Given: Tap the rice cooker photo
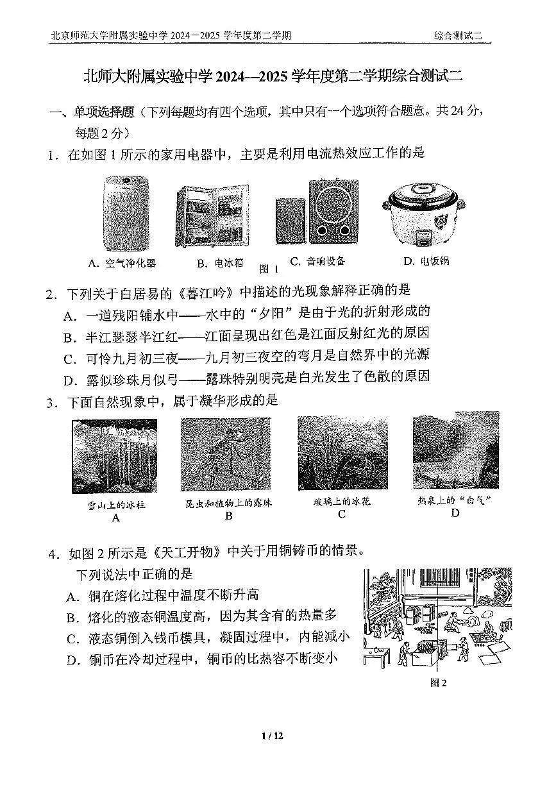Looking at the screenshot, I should pos(424,213).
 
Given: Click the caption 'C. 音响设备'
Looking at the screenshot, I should pos(317,261).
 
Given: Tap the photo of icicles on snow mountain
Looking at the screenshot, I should pos(114,455).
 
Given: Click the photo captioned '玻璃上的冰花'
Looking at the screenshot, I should pos(342,453).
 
